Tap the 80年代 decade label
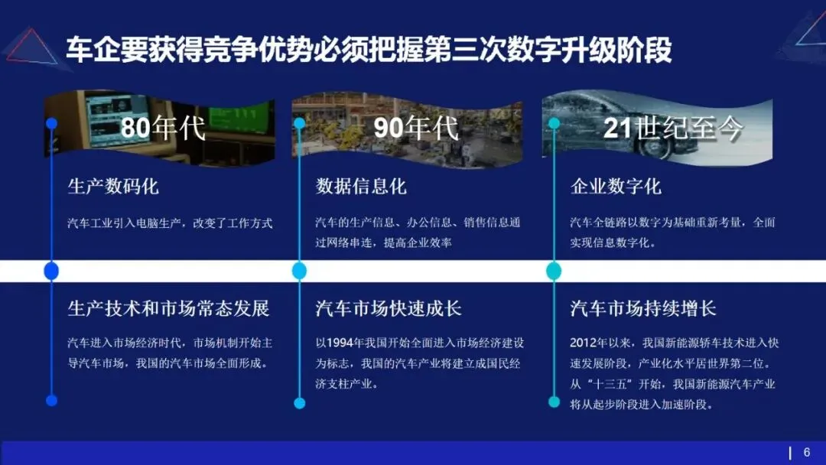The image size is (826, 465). [163, 128]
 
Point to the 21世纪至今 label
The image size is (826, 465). [673, 128]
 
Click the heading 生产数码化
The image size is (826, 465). [113, 187]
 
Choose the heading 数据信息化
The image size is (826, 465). [361, 187]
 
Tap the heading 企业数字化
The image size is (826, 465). [616, 187]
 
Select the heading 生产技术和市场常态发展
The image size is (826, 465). [169, 308]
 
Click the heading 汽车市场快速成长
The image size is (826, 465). [389, 308]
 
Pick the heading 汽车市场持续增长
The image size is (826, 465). [643, 308]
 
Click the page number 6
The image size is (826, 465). [806, 452]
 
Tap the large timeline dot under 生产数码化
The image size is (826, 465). [51, 271]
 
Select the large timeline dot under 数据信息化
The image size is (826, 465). [299, 271]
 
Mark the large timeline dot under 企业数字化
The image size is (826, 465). [554, 271]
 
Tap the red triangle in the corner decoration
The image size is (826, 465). [31, 46]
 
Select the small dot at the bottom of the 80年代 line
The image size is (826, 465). [51, 400]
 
